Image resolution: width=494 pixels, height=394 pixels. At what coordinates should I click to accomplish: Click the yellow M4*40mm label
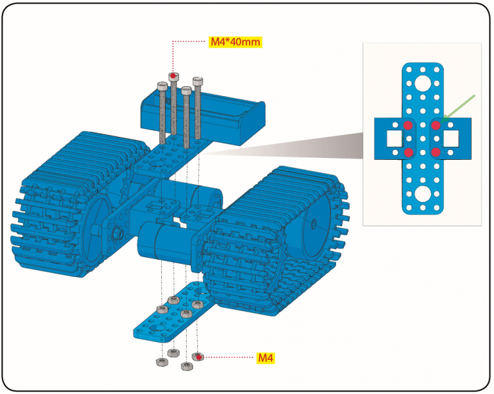pos(235,42)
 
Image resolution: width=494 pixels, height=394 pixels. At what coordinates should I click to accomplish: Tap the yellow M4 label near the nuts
pos(264,358)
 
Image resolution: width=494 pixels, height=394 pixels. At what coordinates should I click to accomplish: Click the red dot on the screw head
pos(173,76)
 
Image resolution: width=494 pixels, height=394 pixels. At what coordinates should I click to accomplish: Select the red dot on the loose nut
pos(197,357)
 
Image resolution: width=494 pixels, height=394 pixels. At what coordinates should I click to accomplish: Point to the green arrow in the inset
pos(458,107)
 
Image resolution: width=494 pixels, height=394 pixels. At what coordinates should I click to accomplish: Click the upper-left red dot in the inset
pos(408,125)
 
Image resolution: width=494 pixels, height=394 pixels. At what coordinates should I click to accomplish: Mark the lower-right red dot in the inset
pos(435,153)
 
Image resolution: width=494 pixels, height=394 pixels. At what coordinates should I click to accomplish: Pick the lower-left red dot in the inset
pos(408,153)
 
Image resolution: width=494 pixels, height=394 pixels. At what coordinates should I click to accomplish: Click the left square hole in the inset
pos(393,139)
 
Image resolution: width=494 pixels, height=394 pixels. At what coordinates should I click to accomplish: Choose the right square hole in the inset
pos(451,139)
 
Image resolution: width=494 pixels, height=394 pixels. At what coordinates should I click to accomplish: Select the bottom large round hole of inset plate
pos(422,194)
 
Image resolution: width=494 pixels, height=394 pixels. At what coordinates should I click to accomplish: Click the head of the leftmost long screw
pos(162,86)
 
